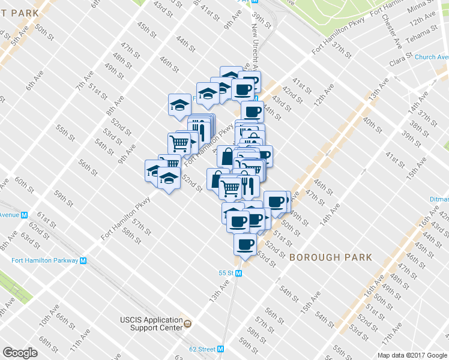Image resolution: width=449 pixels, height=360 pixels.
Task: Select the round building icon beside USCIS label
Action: coord(188,323)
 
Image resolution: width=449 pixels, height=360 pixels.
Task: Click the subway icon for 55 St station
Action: coord(239,273)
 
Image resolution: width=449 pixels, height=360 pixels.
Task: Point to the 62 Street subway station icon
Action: coord(221,349)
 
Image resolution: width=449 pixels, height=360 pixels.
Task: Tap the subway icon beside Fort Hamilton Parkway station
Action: coord(83,260)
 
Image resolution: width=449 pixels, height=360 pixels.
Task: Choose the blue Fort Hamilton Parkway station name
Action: coord(44,260)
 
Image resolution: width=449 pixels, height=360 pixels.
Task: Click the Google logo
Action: coord(20,352)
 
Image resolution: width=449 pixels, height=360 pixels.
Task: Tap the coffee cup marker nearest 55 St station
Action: coord(245,244)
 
